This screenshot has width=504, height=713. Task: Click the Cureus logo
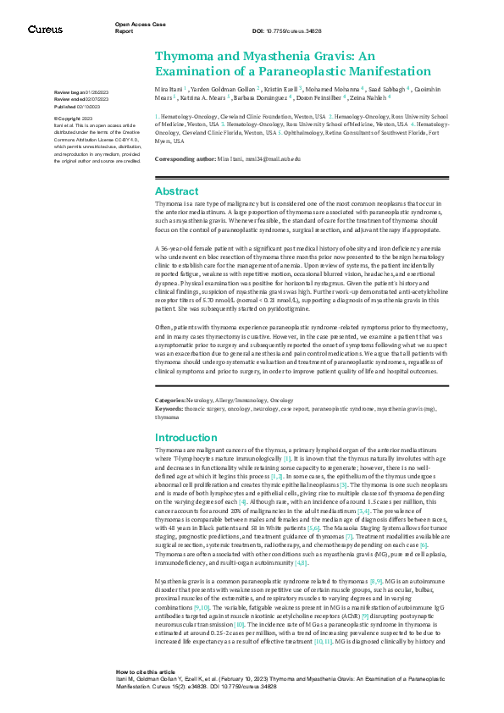point(45,30)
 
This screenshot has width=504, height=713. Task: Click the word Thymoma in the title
point(184,55)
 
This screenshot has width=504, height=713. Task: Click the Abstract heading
point(176,191)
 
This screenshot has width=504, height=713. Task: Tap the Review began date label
point(71,91)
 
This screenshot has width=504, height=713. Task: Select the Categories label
point(172,399)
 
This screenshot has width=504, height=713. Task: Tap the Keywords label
point(170,408)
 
